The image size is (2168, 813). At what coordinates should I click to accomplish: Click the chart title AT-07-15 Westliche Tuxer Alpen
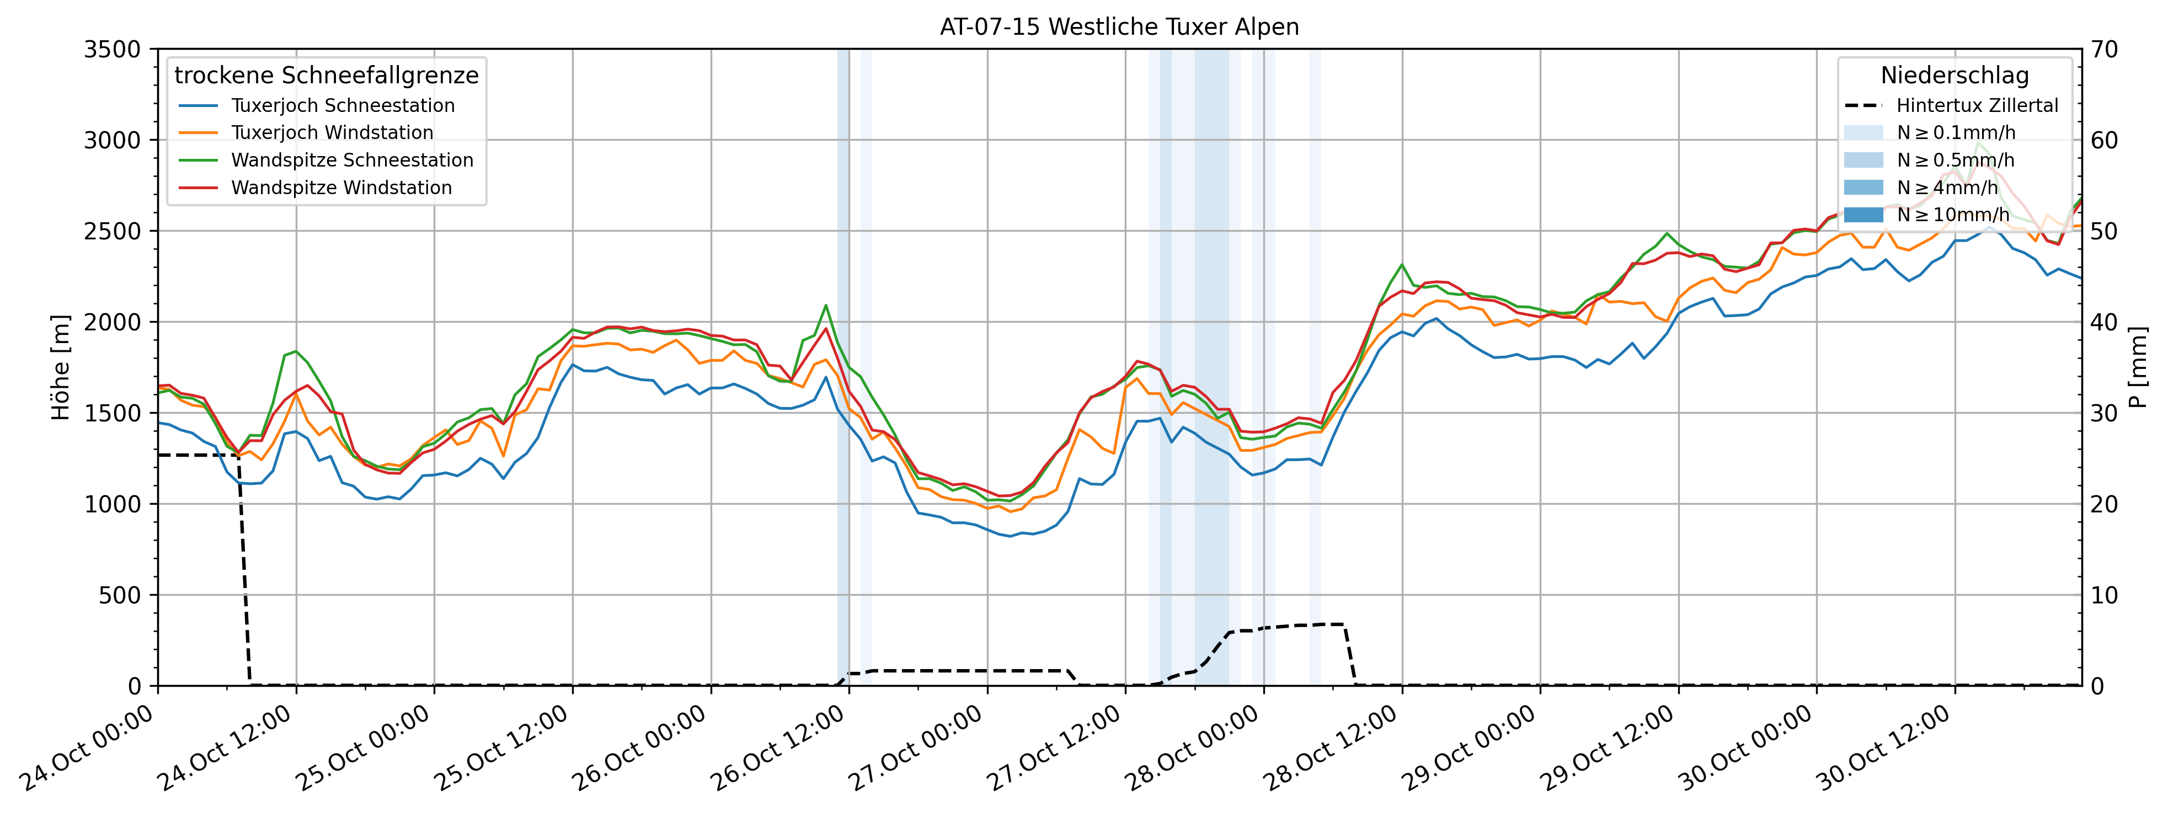1119,27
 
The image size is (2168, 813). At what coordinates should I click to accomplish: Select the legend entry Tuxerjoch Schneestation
343,106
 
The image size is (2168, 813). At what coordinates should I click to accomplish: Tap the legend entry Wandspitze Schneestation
352,161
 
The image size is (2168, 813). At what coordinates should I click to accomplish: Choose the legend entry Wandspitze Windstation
341,188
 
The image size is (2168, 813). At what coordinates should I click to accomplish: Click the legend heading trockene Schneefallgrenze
327,76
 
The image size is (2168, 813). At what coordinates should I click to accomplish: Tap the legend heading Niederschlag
1954,76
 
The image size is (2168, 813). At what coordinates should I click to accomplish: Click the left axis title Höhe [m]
61,368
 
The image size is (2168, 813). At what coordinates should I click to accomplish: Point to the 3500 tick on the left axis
112,50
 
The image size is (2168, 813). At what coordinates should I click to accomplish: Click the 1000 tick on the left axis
112,504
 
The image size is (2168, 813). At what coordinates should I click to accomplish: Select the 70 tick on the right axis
2104,50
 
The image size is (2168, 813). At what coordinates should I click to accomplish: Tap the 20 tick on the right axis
2104,504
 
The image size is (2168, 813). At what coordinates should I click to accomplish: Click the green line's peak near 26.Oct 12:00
826,306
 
